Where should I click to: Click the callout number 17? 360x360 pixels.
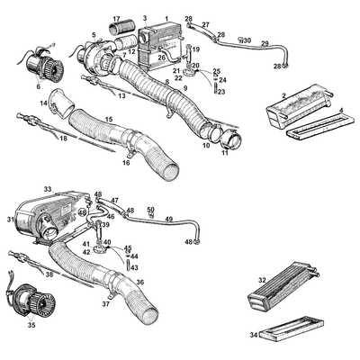coord(115,18)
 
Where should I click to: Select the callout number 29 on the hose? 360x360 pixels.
coord(264,44)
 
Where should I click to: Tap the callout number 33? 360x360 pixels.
coord(48,190)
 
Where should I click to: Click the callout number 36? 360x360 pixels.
coord(139,282)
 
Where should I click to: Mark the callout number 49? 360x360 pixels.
coord(168,219)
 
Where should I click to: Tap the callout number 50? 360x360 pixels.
coord(150,209)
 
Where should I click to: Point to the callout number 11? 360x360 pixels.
coord(224,154)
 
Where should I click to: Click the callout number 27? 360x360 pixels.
coord(205,24)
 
